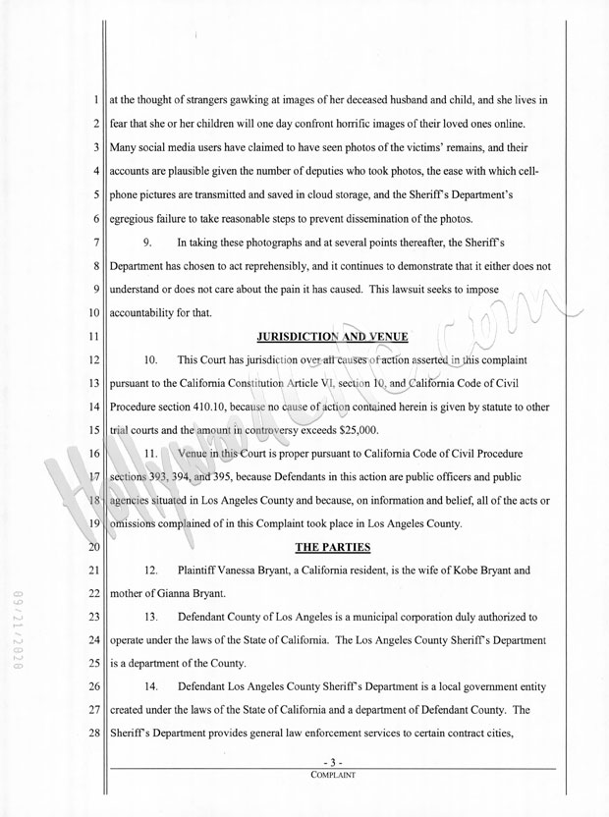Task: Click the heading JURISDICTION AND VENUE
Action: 332,336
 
